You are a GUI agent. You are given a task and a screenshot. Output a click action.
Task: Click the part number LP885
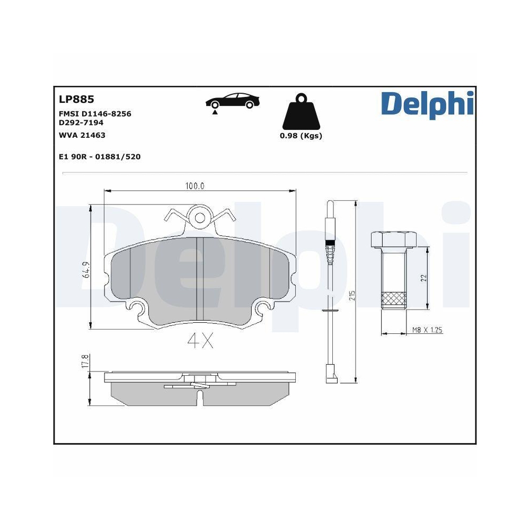pos(76,99)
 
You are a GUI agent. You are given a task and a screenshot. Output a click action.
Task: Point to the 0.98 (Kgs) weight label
pos(301,136)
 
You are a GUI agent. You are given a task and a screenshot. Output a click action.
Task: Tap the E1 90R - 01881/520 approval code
pos(100,157)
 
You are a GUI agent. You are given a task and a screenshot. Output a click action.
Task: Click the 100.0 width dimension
pos(195,186)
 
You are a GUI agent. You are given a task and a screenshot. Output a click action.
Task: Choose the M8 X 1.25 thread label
pos(427,330)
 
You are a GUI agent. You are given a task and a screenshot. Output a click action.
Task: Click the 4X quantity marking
pos(200,342)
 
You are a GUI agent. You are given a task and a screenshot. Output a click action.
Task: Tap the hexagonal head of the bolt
pos(393,240)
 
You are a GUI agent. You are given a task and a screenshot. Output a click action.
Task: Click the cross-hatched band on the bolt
pos(393,299)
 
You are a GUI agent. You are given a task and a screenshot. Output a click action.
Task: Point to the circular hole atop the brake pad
pos(200,217)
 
